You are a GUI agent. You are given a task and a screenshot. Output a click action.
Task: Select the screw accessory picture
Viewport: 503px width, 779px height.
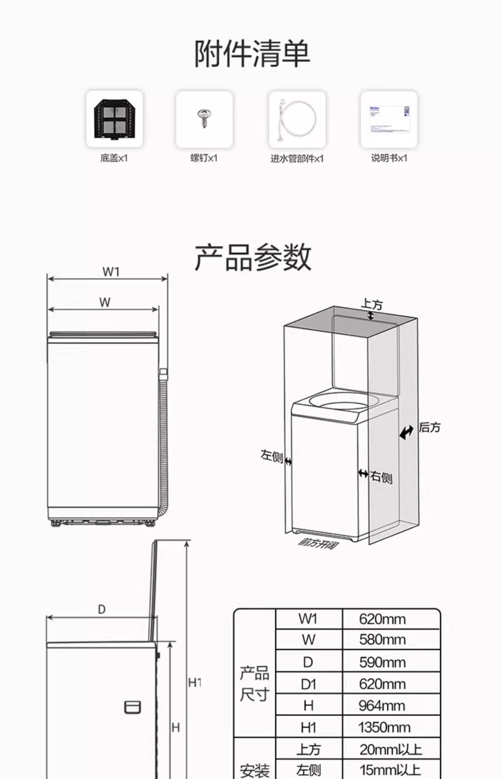pyautogui.click(x=204, y=118)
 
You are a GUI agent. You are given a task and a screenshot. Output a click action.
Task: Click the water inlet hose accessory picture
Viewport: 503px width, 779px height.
pyautogui.click(x=297, y=119)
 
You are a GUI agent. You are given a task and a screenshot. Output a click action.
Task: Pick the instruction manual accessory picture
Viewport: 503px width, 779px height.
pyautogui.click(x=389, y=119)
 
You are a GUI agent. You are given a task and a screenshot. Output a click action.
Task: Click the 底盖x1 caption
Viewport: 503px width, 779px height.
pyautogui.click(x=114, y=158)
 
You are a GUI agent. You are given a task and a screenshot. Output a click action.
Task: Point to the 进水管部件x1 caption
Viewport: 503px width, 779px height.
pyautogui.click(x=297, y=159)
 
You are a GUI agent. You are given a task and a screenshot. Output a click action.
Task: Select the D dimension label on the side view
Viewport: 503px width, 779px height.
pyautogui.click(x=102, y=609)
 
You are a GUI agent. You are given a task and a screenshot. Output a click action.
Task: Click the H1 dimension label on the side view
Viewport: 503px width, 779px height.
pyautogui.click(x=195, y=683)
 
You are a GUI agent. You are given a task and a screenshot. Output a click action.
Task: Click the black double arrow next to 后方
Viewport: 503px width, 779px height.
pyautogui.click(x=406, y=433)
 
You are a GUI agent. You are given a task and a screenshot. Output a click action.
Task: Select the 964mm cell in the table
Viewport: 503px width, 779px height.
pyautogui.click(x=382, y=706)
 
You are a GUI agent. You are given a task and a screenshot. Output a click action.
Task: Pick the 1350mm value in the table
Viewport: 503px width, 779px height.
pyautogui.click(x=384, y=727)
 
